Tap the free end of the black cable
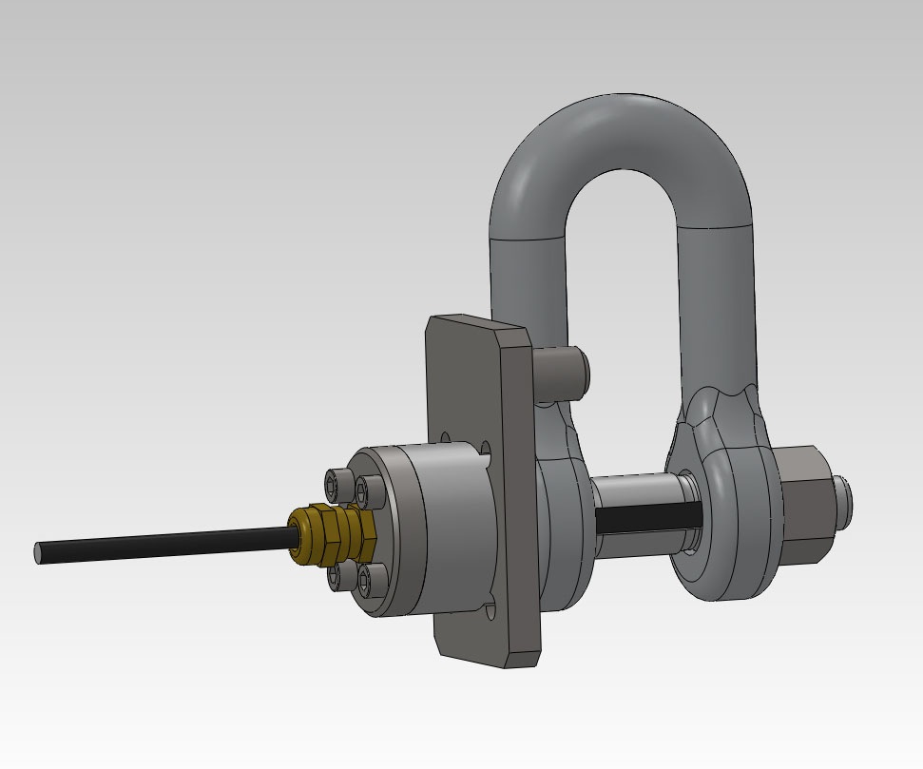click(x=41, y=552)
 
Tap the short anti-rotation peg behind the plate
click(x=562, y=371)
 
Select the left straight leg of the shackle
click(x=528, y=285)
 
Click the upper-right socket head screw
click(x=362, y=490)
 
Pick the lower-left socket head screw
click(x=337, y=576)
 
